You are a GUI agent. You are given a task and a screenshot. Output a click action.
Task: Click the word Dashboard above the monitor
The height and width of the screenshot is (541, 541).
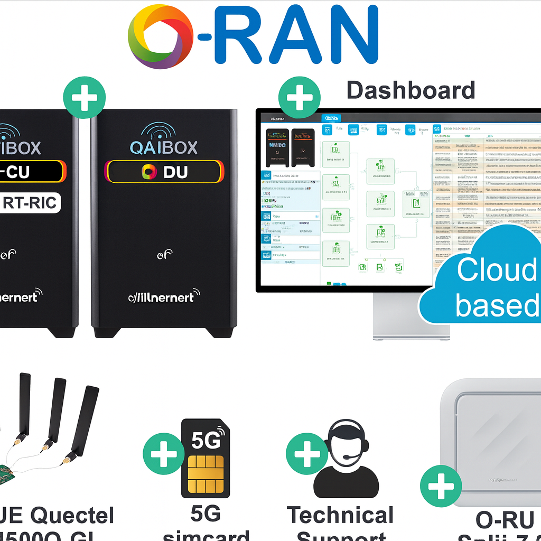411,90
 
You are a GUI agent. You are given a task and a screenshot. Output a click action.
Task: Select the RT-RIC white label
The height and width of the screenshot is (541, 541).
30,203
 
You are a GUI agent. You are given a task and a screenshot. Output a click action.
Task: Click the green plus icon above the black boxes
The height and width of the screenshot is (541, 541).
85,97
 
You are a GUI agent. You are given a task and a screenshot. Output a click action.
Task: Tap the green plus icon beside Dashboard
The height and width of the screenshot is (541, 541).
300,97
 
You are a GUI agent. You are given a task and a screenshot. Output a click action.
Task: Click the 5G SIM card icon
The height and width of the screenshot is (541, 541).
206,459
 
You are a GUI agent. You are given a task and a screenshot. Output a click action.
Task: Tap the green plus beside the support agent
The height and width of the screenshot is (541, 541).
306,453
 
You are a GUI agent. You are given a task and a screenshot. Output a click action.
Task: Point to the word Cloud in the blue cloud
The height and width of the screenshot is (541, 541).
497,270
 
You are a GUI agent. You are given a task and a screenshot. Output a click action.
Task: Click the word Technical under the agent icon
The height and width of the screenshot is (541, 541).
340,516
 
